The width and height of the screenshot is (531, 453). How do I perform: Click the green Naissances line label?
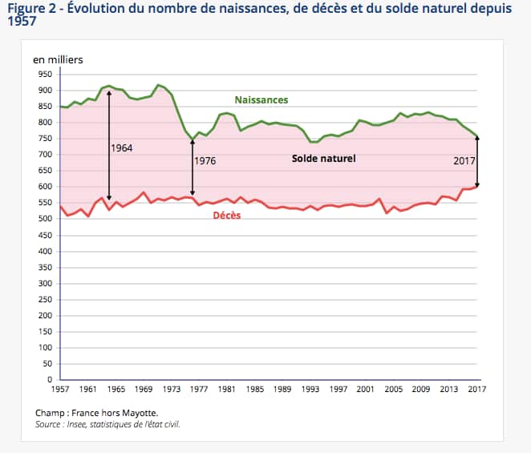pyautogui.click(x=261, y=100)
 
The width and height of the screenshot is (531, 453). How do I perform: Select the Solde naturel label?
pyautogui.click(x=323, y=159)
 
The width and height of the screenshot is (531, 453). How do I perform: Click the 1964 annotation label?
pyautogui.click(x=122, y=148)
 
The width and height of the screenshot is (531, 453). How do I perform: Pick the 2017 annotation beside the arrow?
pyautogui.click(x=464, y=160)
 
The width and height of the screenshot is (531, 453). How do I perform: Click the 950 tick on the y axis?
pyautogui.click(x=45, y=74)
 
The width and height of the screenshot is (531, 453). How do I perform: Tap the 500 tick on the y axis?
pyautogui.click(x=45, y=219)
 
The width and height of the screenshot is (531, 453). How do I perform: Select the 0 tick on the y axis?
pyautogui.click(x=50, y=379)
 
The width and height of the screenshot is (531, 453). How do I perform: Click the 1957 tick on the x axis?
pyautogui.click(x=59, y=389)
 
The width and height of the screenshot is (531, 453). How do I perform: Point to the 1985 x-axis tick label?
pyautogui.click(x=254, y=389)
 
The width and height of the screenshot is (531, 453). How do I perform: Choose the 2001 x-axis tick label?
pyautogui.click(x=365, y=389)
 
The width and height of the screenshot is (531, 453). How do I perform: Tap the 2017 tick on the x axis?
pyautogui.click(x=476, y=389)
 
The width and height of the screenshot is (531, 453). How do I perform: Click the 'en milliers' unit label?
pyautogui.click(x=58, y=59)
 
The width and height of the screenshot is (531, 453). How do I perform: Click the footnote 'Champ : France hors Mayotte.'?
pyautogui.click(x=97, y=413)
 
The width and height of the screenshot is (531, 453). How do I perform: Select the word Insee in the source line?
pyautogui.click(x=83, y=424)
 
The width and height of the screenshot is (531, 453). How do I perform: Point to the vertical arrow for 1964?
pyautogui.click(x=109, y=152)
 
